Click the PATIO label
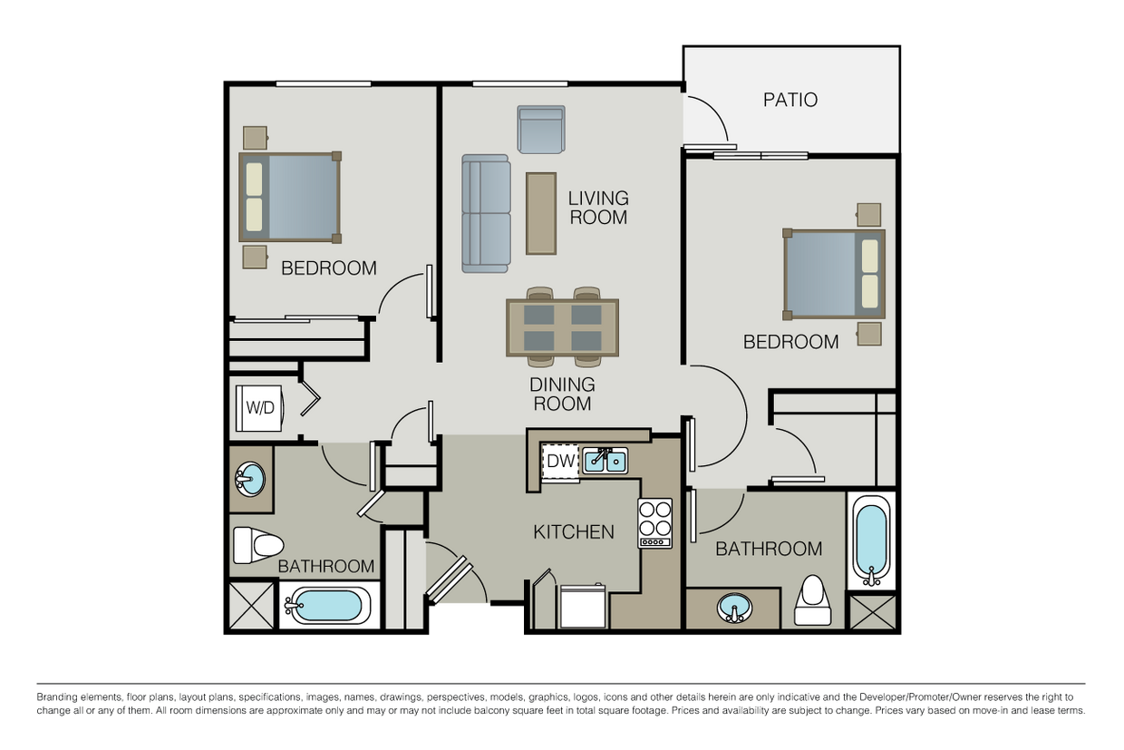pyautogui.click(x=790, y=100)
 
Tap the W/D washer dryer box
pyautogui.click(x=260, y=407)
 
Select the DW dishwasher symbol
pyautogui.click(x=560, y=462)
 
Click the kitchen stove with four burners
pyautogui.click(x=654, y=522)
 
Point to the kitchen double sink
pyautogui.click(x=605, y=462)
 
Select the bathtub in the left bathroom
pyautogui.click(x=326, y=606)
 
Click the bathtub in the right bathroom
pyautogui.click(x=871, y=541)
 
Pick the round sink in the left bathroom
pyautogui.click(x=250, y=479)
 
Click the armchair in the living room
pyautogui.click(x=541, y=129)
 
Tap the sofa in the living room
pyautogui.click(x=485, y=213)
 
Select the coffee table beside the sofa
pyautogui.click(x=541, y=213)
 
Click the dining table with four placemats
pyautogui.click(x=562, y=327)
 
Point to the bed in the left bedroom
pyautogui.click(x=289, y=197)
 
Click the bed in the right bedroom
pyautogui.click(x=834, y=274)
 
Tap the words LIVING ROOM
pyautogui.click(x=597, y=208)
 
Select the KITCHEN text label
pyautogui.click(x=573, y=531)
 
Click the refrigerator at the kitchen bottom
pyautogui.click(x=583, y=607)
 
